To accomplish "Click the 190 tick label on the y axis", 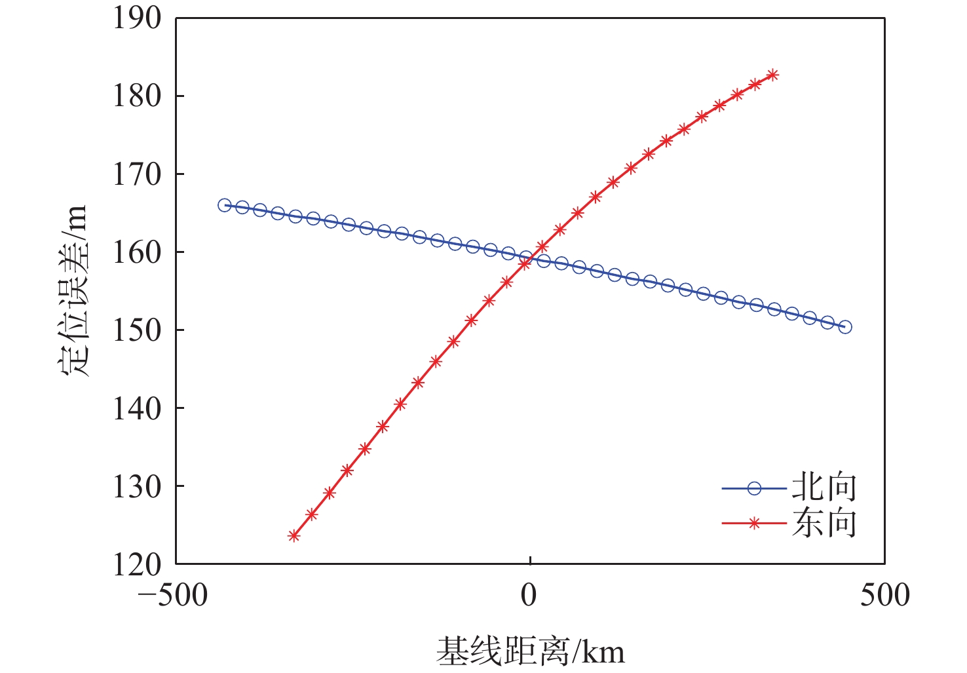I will tap(137, 18).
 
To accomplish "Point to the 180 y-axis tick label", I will tap(137, 96).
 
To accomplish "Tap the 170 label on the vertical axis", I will tap(137, 174).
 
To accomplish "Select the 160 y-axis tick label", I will tap(137, 252).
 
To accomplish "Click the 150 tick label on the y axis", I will tap(137, 330).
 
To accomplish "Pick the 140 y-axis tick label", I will tap(137, 408).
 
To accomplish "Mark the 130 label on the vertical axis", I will tap(137, 486).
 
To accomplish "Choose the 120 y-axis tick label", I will tap(137, 564).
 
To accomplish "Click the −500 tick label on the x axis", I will tap(172, 595).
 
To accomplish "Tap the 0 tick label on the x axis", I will tap(529, 595).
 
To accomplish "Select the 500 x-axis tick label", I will tap(884, 595).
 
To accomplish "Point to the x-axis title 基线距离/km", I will tap(530, 651).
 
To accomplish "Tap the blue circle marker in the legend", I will tap(754, 488).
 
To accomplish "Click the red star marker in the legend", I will tap(754, 523).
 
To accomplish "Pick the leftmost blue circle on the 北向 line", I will tap(224, 205).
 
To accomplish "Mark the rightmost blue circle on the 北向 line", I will tap(845, 327).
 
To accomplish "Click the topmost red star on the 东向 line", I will tap(773, 75).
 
